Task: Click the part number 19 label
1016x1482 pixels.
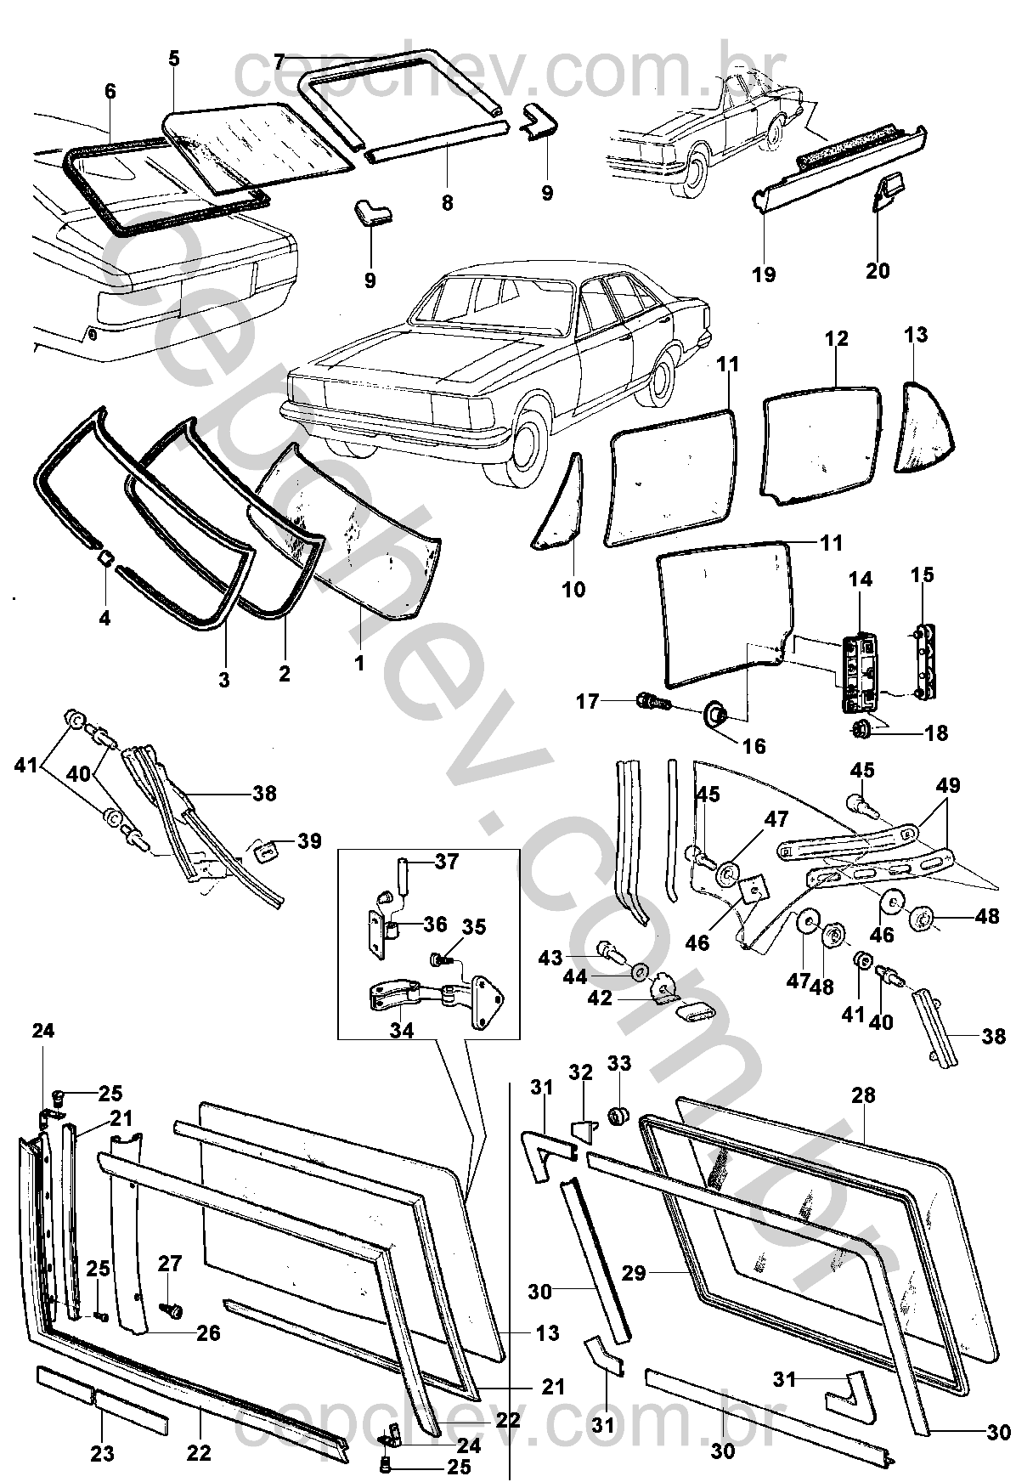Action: pos(764,274)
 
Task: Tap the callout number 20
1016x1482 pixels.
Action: pos(878,270)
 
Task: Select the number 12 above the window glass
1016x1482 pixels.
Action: pos(836,338)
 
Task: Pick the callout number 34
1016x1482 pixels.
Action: pos(402,1030)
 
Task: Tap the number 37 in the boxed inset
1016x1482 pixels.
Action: pos(446,863)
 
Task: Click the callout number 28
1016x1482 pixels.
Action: pos(863,1095)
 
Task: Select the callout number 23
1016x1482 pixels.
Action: pos(102,1454)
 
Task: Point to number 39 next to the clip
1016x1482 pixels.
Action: pos(309,840)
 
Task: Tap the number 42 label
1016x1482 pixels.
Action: pos(600,998)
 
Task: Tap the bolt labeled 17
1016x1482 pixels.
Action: pos(652,702)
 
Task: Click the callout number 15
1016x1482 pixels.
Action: pos(922,575)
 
